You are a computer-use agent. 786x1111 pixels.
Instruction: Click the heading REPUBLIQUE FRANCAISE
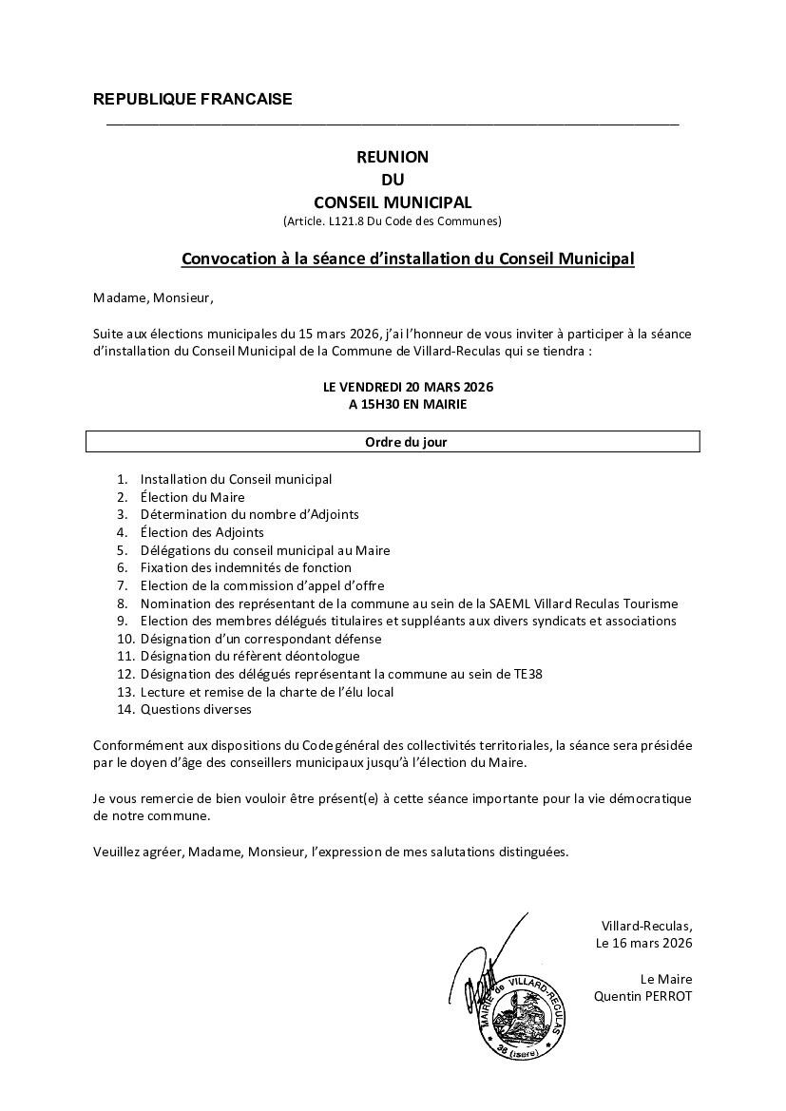193,100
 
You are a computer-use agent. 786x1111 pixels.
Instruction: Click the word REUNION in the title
393,157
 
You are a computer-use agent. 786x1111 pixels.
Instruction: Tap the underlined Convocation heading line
408,259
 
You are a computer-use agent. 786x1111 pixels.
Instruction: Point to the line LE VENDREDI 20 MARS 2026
408,387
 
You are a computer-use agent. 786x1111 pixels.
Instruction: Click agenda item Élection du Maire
192,497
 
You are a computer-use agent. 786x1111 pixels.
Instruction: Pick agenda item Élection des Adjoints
201,532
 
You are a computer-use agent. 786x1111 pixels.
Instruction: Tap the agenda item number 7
122,585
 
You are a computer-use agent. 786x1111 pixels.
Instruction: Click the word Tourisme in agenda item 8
647,603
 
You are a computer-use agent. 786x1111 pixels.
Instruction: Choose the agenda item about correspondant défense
260,639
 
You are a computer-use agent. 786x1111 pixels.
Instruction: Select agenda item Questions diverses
196,709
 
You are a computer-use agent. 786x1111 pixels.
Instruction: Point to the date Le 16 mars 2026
643,944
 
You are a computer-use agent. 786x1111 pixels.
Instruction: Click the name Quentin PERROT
642,996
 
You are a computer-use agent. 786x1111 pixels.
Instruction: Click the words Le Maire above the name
666,980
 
